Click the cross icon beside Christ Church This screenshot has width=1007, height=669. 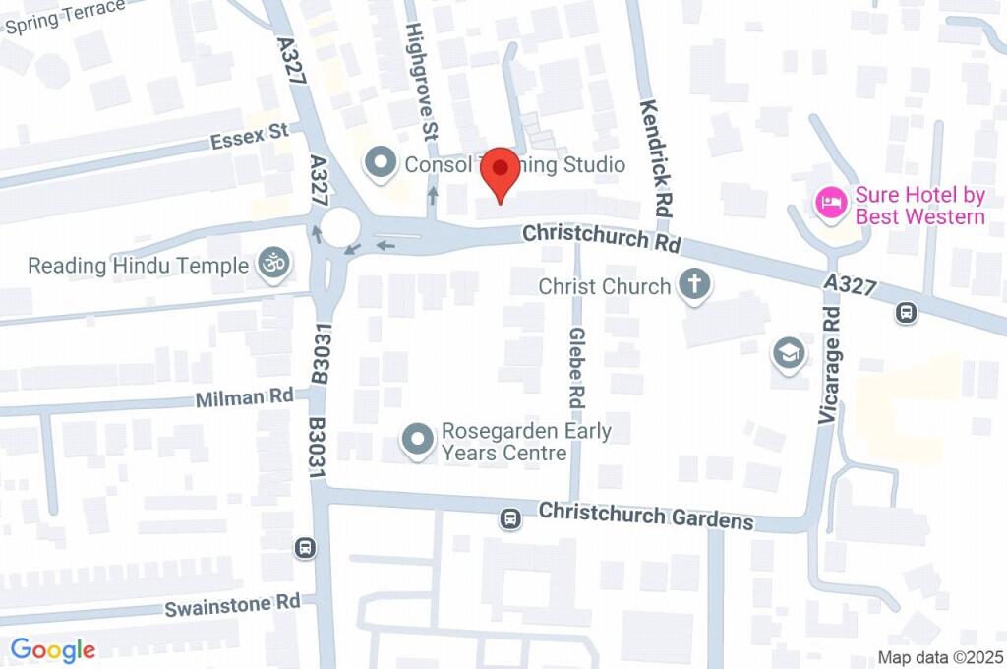(x=695, y=286)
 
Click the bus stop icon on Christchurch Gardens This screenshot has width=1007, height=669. (x=510, y=518)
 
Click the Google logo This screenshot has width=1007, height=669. (x=53, y=649)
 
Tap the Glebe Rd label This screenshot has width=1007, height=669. (x=576, y=369)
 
